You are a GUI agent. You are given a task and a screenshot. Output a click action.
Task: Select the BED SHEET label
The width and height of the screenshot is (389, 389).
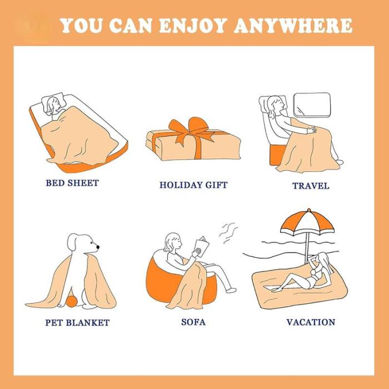(x=72, y=183)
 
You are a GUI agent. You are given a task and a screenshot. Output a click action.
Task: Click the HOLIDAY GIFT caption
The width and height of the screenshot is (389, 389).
(x=193, y=185)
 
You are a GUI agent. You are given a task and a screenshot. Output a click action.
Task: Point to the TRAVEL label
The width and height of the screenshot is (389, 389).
(x=311, y=186)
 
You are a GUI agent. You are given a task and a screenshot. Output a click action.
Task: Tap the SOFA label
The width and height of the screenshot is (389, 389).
(x=193, y=322)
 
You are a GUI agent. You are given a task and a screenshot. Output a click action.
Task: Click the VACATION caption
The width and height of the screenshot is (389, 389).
(x=311, y=322)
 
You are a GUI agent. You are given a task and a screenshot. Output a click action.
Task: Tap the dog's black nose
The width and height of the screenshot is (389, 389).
(x=98, y=247)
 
